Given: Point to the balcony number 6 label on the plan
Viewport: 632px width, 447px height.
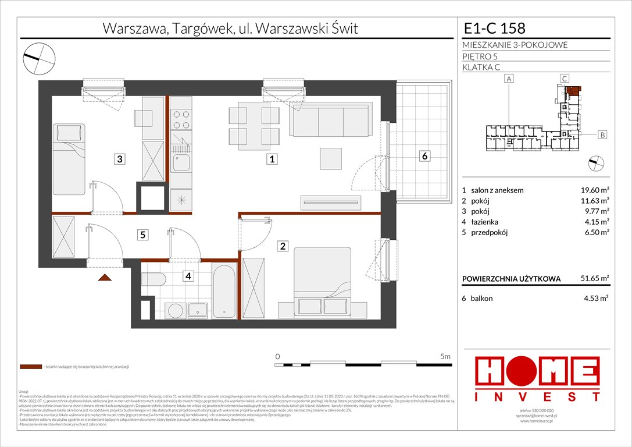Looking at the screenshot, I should coord(425,156).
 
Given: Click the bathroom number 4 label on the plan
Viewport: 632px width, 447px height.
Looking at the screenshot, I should coord(188,276).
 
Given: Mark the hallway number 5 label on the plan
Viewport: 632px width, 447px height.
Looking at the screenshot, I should coord(142,235).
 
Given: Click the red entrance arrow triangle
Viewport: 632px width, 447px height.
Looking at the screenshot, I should coord(105,278).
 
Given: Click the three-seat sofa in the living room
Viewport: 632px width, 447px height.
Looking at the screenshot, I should coord(330,120).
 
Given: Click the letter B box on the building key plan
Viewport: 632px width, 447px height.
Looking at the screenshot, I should coord(602,135).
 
